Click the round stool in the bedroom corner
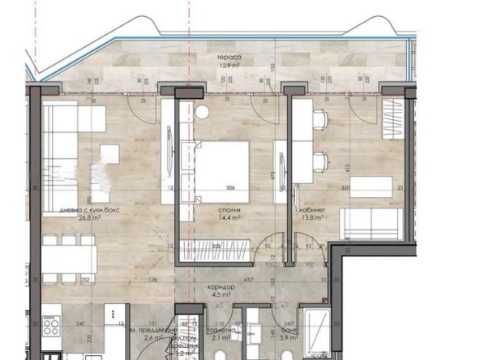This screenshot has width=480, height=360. click(x=202, y=112)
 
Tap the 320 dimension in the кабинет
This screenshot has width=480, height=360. click(x=346, y=188)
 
